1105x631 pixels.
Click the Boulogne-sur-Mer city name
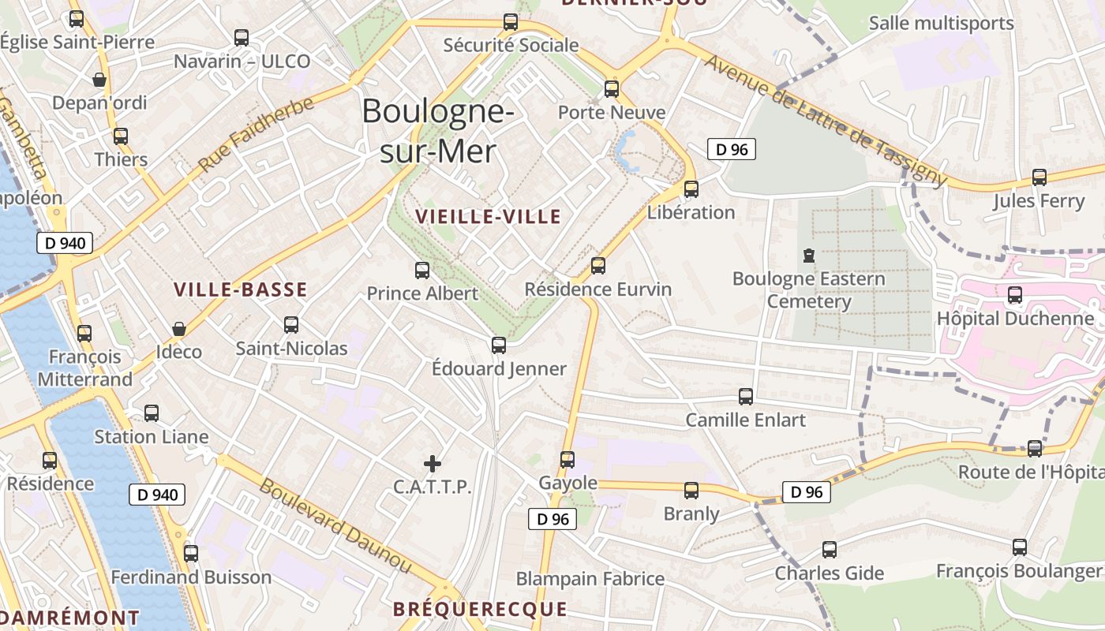click(438, 131)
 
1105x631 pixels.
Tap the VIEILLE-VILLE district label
click(488, 217)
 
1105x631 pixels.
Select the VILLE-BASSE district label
click(241, 289)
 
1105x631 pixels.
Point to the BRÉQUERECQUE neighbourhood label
click(480, 609)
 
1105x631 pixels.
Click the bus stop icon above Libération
click(691, 189)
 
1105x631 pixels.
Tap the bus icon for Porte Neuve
click(612, 89)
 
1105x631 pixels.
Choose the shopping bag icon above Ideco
click(179, 329)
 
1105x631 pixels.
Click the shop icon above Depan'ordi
click(99, 80)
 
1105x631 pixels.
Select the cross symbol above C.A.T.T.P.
click(432, 464)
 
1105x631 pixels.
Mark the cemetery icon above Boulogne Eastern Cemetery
click(808, 256)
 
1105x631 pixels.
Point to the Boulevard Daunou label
click(335, 526)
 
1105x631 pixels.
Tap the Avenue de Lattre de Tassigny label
click(825, 121)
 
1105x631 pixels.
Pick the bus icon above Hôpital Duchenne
click(1015, 296)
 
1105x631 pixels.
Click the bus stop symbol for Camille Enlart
click(746, 397)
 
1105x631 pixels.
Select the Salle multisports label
click(941, 24)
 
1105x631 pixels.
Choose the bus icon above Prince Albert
click(422, 271)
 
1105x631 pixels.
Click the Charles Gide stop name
click(829, 573)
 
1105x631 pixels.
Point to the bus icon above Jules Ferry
click(1039, 177)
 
